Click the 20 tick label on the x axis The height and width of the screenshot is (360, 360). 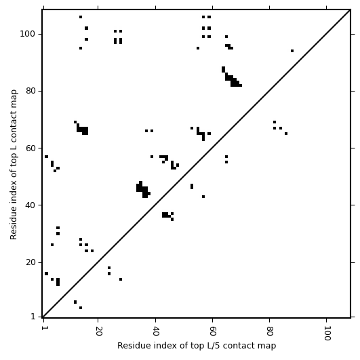click(x=98, y=331)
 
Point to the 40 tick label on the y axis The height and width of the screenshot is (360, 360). click(x=31, y=205)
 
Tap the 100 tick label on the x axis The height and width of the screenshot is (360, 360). click(x=327, y=333)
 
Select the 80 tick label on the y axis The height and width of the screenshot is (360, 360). click(x=31, y=91)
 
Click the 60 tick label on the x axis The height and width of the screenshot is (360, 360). click(x=213, y=331)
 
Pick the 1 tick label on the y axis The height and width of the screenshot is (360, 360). click(x=33, y=317)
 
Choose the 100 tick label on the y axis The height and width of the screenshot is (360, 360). click(x=28, y=34)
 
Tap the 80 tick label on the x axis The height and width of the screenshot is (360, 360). click(x=270, y=331)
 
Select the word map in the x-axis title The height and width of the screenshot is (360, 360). click(x=268, y=346)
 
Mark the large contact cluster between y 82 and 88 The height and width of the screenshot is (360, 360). click(x=232, y=77)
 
